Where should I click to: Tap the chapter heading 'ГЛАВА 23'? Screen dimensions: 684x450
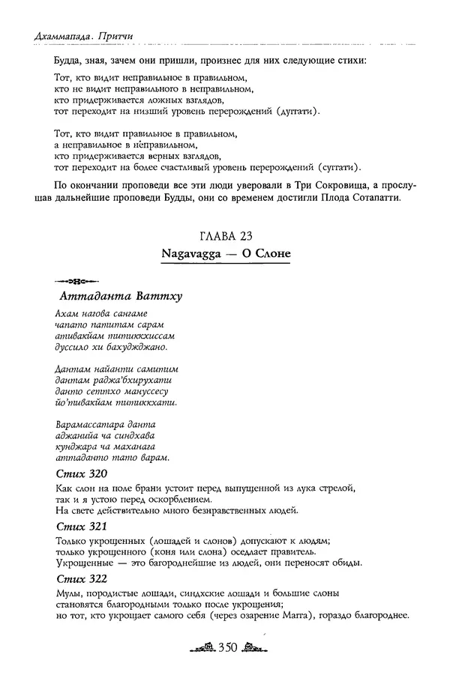(x=225, y=236)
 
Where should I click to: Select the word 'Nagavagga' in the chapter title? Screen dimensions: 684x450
(x=190, y=254)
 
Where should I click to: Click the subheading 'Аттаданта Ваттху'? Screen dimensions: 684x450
(x=119, y=296)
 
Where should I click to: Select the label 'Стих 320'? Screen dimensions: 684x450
(x=82, y=474)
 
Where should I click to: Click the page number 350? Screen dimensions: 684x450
(x=225, y=650)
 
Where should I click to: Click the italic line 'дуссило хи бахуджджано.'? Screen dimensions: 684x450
(x=106, y=348)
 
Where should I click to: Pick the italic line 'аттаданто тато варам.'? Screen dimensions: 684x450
(x=112, y=458)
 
